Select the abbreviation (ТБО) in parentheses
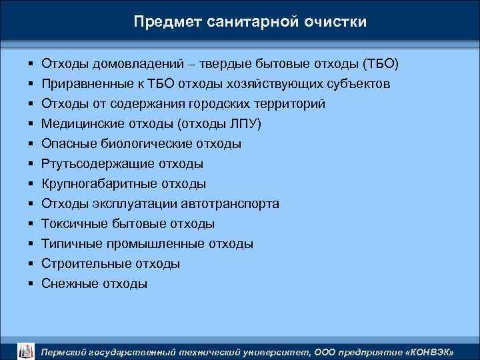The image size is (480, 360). click(380, 65)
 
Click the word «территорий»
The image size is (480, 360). click(293, 105)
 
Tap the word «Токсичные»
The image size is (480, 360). click(71, 224)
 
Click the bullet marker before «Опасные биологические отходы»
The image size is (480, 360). click(31, 144)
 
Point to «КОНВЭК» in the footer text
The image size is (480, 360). click(431, 351)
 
